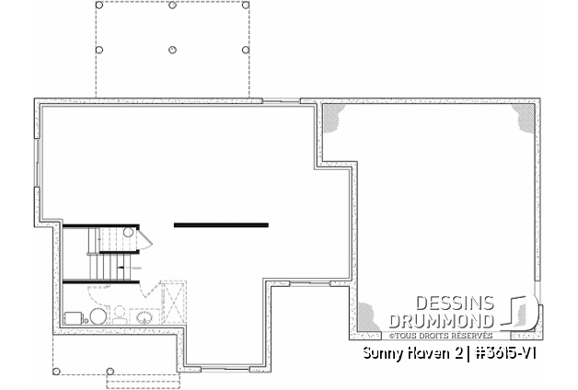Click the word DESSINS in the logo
pyautogui.click(x=455, y=303)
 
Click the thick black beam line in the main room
pyautogui.click(x=221, y=224)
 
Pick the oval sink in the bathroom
pyautogui.click(x=145, y=318)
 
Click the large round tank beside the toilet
pyautogui.click(x=98, y=317)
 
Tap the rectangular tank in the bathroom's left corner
pyautogui.click(x=73, y=318)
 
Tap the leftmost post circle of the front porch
pyautogui.click(x=57, y=372)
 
